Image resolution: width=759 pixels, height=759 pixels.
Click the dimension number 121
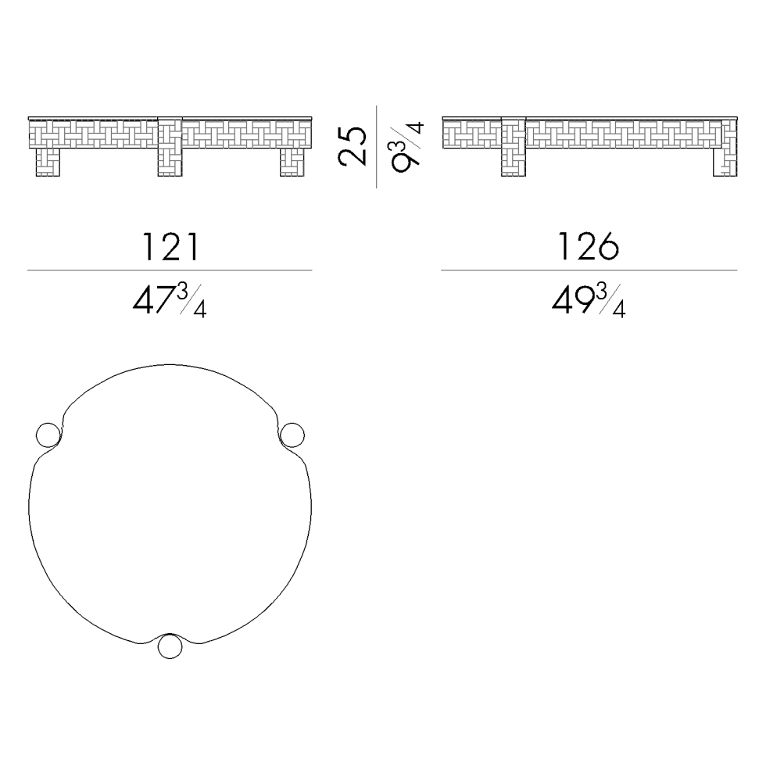click(170, 248)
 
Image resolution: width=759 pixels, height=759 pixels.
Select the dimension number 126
click(589, 248)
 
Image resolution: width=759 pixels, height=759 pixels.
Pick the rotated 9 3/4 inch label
click(406, 145)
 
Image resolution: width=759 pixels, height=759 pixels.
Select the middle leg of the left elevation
click(170, 149)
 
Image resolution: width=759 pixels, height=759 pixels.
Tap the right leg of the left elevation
click(292, 162)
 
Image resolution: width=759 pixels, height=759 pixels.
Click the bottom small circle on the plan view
click(170, 647)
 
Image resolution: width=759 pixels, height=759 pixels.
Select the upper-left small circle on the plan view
click(47, 435)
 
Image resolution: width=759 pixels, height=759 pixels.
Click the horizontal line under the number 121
click(170, 270)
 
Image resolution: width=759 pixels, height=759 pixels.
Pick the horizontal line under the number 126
click(589, 270)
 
